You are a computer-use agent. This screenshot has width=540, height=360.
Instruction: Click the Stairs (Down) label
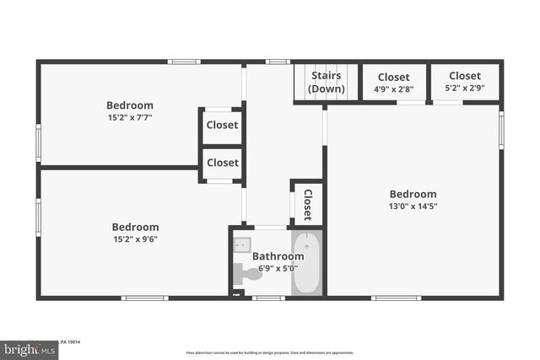pyautogui.click(x=327, y=82)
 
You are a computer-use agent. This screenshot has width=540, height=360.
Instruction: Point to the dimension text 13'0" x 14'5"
pyautogui.click(x=413, y=206)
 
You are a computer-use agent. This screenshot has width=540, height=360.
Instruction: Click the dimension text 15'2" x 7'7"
pyautogui.click(x=130, y=118)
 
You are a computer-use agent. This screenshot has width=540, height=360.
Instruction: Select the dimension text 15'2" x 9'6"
pyautogui.click(x=135, y=239)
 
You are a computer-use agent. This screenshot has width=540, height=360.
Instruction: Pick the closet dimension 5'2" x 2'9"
pyautogui.click(x=464, y=89)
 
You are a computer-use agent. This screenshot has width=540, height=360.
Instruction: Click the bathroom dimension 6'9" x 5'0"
pyautogui.click(x=278, y=269)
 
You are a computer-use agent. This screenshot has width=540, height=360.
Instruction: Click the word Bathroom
pyautogui.click(x=278, y=256)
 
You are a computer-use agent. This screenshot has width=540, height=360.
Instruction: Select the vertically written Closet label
pyautogui.click(x=308, y=204)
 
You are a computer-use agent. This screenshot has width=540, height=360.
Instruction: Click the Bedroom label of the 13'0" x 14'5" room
pyautogui.click(x=413, y=194)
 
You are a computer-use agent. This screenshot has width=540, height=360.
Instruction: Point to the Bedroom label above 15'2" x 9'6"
pyautogui.click(x=135, y=227)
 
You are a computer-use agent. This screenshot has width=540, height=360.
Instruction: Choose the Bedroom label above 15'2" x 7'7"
pyautogui.click(x=130, y=105)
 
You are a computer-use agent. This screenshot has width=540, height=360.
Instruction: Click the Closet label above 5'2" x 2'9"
pyautogui.click(x=464, y=76)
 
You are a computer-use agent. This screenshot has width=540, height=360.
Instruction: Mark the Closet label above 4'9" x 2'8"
pyautogui.click(x=393, y=78)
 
